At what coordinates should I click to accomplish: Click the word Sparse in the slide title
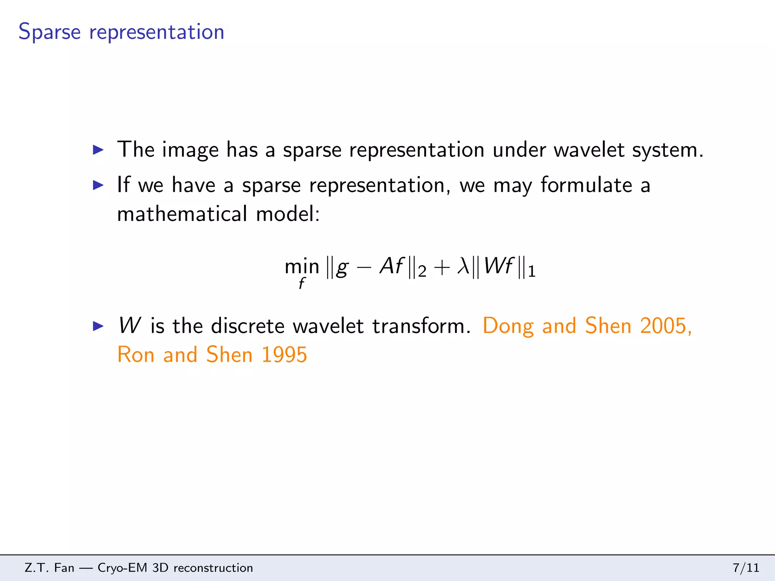coord(50,32)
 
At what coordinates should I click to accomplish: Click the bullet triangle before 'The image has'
coord(98,150)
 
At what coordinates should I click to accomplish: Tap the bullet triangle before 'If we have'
coord(98,185)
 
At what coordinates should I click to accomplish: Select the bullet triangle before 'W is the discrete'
coord(98,326)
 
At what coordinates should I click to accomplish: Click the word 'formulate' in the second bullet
coord(586,185)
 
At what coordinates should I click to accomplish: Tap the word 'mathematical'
coord(182,214)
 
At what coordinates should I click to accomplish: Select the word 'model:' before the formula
coord(288,214)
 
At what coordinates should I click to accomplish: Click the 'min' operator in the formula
coord(302,267)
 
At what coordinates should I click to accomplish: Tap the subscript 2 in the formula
coord(422,272)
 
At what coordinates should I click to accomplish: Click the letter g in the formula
coord(342,268)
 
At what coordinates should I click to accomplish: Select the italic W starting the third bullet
coord(129,326)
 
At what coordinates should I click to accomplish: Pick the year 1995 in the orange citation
coord(284,355)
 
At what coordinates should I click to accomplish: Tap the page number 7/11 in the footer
coord(746,568)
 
